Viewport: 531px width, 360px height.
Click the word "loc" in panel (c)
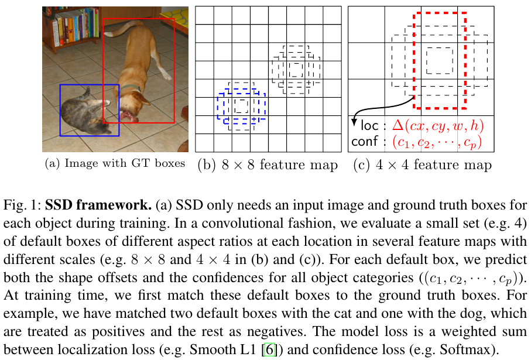point(369,125)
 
